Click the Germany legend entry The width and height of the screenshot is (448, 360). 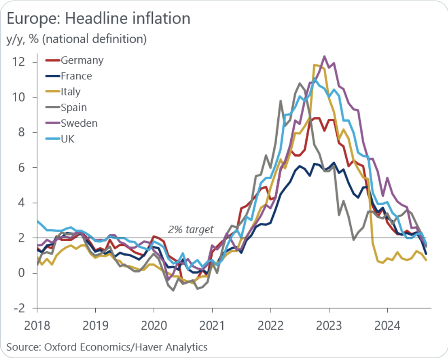click(x=82, y=60)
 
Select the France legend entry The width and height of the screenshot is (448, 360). click(x=76, y=76)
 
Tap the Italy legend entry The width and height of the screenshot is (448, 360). click(x=71, y=92)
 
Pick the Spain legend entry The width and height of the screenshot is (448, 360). click(x=74, y=107)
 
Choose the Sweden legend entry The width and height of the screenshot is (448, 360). click(x=79, y=123)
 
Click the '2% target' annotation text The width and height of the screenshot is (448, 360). click(x=191, y=230)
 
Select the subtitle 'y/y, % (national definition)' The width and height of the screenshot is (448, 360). click(x=76, y=39)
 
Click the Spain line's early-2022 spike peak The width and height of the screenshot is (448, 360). click(x=280, y=101)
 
